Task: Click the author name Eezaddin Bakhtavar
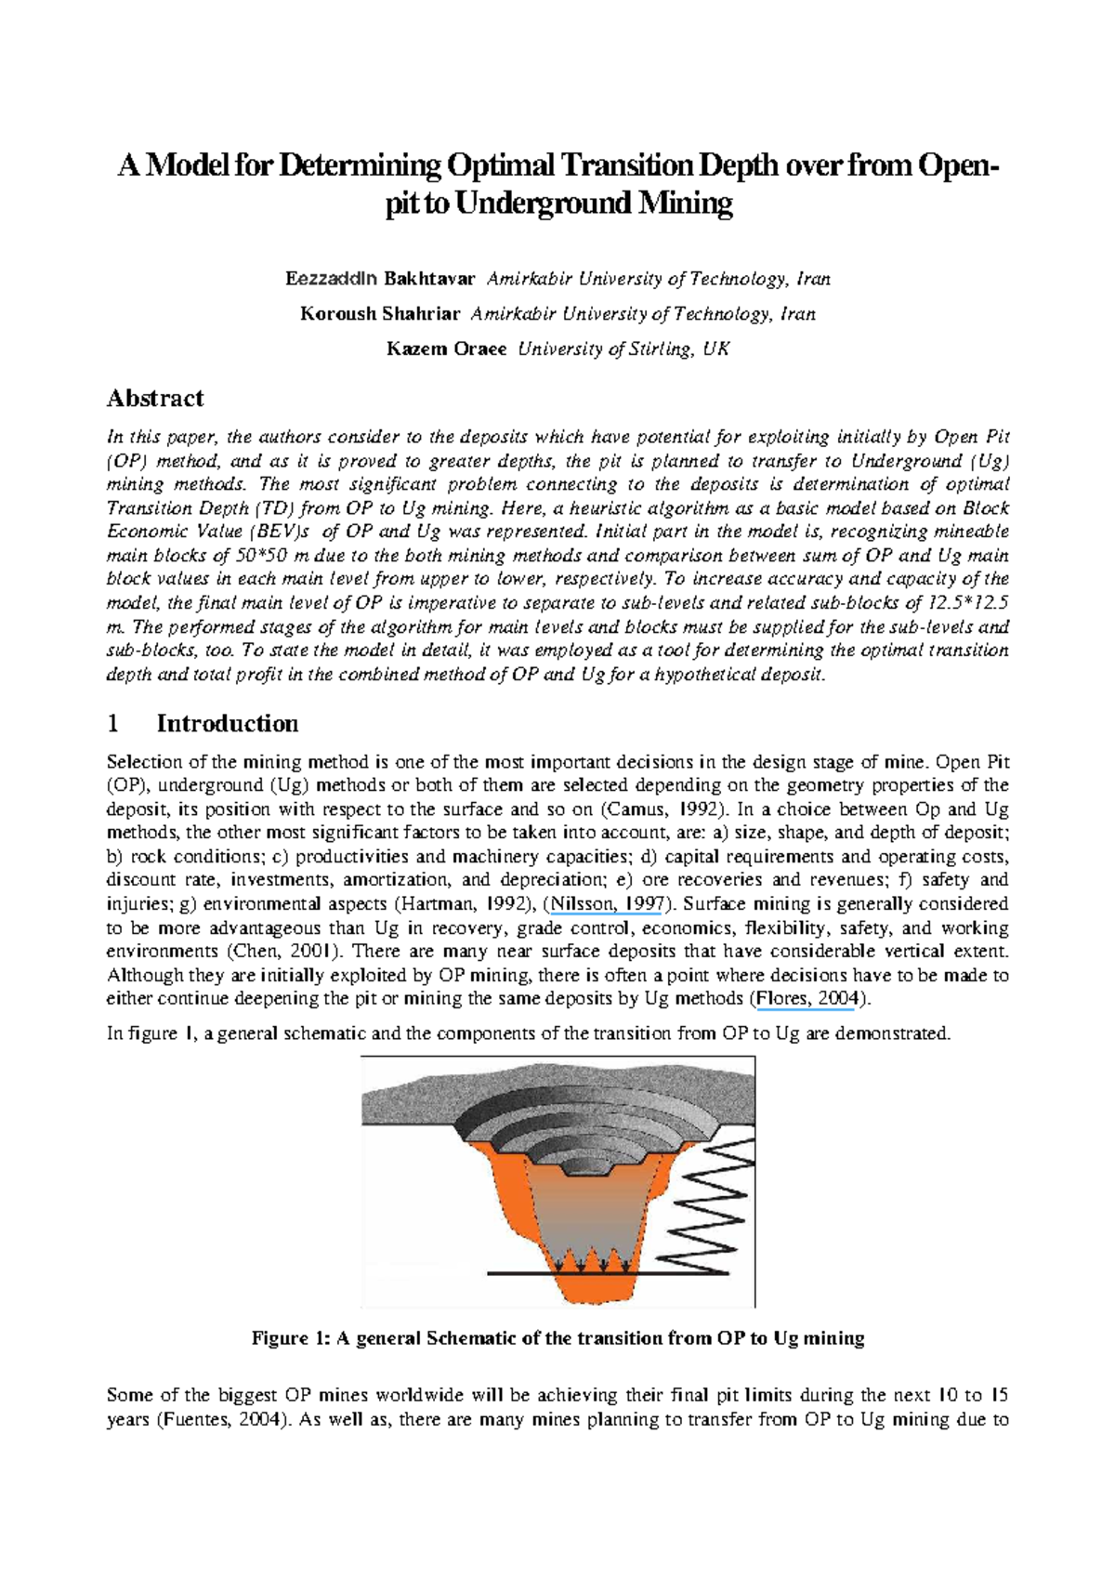[x=380, y=279]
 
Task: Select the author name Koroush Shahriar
[x=379, y=314]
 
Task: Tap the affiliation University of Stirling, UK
[x=623, y=349]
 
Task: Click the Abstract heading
[x=155, y=399]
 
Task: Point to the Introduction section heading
[x=227, y=724]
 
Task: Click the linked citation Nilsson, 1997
[x=606, y=904]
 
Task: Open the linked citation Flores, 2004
[x=807, y=999]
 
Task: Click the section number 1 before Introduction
[x=113, y=724]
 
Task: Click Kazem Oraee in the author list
[x=447, y=349]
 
